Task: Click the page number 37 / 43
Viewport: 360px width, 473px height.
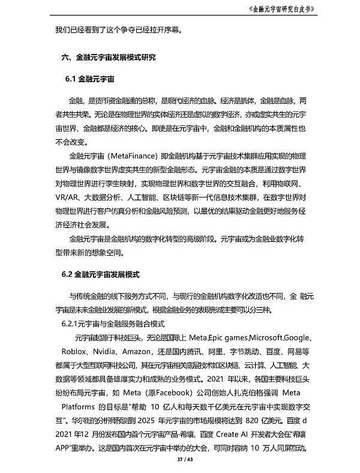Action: (x=180, y=459)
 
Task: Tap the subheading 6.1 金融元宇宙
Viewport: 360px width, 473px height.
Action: (x=91, y=79)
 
